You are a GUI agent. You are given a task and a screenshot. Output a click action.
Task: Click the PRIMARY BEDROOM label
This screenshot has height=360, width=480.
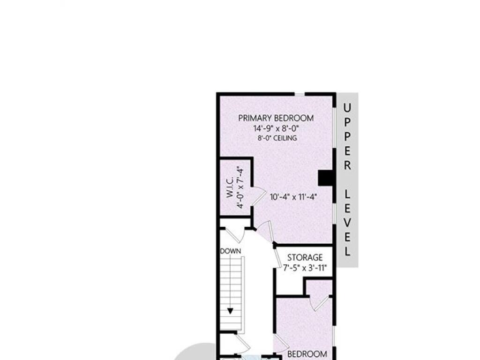[x=276, y=118]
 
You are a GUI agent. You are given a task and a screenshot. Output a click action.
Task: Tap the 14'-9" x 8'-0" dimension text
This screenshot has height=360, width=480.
[x=276, y=128]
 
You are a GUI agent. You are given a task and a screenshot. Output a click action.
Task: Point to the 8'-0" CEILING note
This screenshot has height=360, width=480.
[x=277, y=138]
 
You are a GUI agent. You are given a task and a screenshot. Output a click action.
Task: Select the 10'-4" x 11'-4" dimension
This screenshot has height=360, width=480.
[x=293, y=196]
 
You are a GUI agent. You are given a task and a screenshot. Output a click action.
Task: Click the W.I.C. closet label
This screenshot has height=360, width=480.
[x=230, y=187]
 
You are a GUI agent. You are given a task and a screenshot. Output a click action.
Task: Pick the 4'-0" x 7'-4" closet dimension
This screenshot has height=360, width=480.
[x=240, y=187]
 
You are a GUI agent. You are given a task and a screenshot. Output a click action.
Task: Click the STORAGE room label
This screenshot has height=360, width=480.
[x=305, y=257]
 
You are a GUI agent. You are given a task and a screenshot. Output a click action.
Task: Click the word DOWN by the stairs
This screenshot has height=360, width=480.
[x=231, y=251]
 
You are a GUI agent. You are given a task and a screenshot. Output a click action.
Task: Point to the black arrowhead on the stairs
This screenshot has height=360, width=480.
[x=230, y=311]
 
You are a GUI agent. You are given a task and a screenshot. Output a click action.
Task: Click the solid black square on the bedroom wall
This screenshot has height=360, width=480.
[x=326, y=178]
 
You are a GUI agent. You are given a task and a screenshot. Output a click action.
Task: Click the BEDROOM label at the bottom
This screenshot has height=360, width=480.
[x=307, y=354]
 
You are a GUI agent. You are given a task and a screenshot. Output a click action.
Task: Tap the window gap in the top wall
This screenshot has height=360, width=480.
[x=300, y=94]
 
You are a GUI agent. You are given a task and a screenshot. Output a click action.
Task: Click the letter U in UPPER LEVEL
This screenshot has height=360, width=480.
[x=347, y=108]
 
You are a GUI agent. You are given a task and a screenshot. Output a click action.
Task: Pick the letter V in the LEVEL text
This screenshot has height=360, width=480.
[x=347, y=223]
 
